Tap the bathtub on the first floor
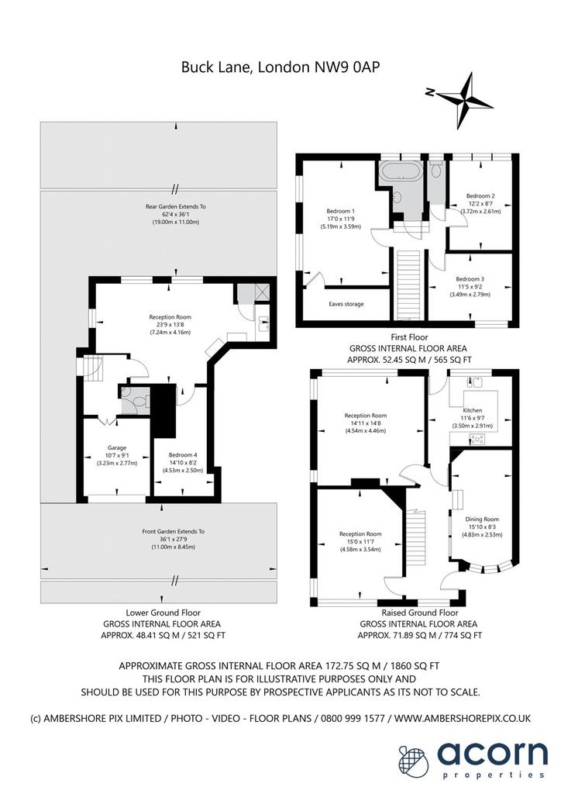point(400,171)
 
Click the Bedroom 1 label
point(340,211)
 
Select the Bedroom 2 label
point(480,196)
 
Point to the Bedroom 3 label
point(470,279)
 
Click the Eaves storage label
point(346,304)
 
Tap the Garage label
point(117,447)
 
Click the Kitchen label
point(473,410)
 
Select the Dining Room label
point(482,519)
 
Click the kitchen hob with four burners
point(477,439)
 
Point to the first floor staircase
point(408,285)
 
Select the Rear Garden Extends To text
point(176,206)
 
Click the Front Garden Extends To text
point(174,532)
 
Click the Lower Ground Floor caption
point(163,613)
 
